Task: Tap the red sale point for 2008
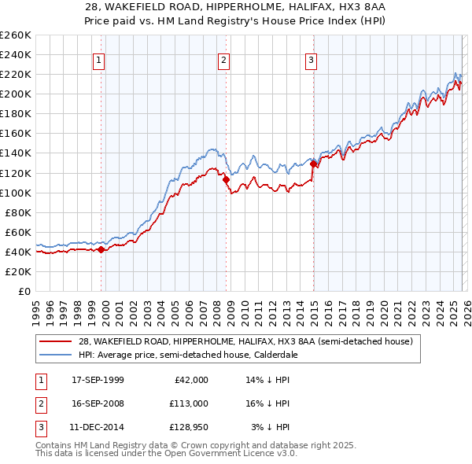(227, 179)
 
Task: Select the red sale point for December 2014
(313, 164)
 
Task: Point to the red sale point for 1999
(101, 249)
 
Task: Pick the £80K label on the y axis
(18, 212)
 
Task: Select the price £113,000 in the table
(188, 403)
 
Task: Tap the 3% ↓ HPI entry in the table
(270, 427)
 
